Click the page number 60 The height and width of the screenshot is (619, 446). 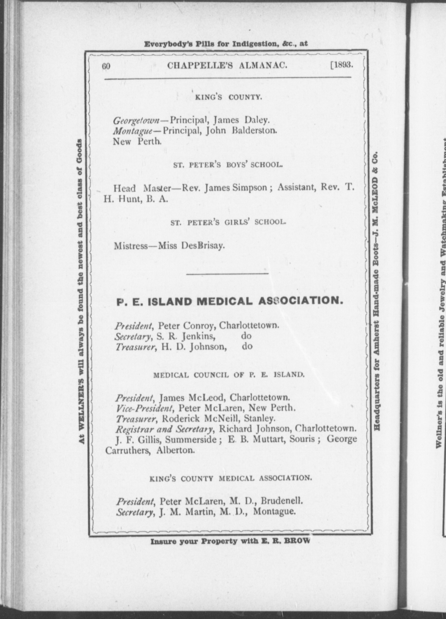pyautogui.click(x=106, y=66)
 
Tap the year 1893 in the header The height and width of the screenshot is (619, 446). pyautogui.click(x=342, y=65)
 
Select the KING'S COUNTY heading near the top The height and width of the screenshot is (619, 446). pyautogui.click(x=228, y=97)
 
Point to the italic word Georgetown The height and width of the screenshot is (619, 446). pyautogui.click(x=136, y=121)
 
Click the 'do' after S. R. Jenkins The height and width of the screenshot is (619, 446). pyautogui.click(x=246, y=336)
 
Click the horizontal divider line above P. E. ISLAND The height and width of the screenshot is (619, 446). pyautogui.click(x=227, y=273)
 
